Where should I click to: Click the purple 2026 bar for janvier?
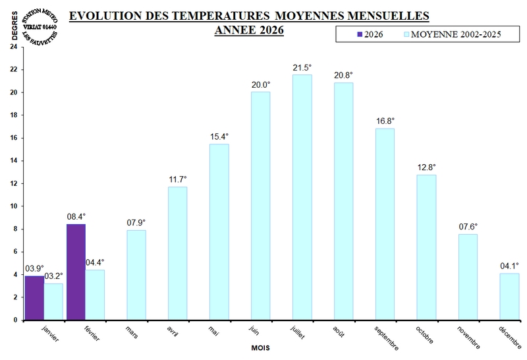click(x=34, y=298)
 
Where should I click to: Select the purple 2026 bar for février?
click(x=76, y=272)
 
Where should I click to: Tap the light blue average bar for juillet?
click(x=302, y=197)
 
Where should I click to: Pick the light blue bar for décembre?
click(x=509, y=297)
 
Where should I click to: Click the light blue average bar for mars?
click(x=136, y=275)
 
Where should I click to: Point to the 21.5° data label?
click(x=302, y=68)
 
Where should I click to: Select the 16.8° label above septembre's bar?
click(x=385, y=121)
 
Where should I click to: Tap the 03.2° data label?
click(x=54, y=276)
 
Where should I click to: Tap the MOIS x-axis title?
click(x=262, y=347)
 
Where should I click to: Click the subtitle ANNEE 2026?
click(x=249, y=30)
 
